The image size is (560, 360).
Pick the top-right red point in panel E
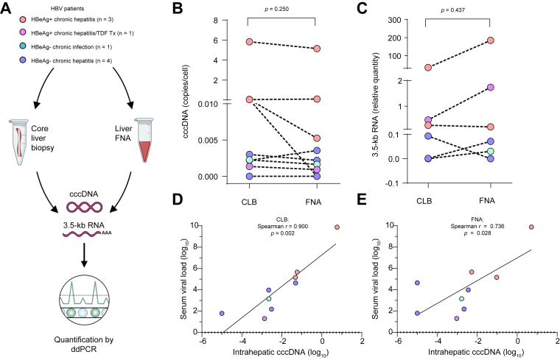[531, 227]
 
